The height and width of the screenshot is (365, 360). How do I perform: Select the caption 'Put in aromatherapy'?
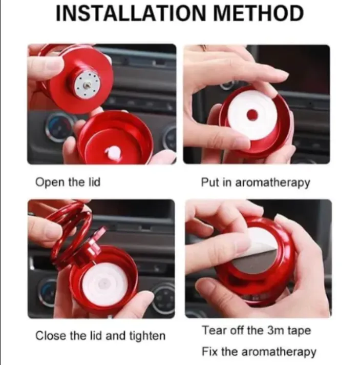(255, 182)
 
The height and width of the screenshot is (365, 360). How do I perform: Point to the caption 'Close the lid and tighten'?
(100, 336)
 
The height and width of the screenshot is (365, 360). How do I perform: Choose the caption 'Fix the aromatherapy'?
(259, 352)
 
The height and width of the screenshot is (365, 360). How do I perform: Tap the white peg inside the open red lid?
(115, 152)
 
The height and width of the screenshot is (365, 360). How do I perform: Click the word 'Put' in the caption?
(209, 182)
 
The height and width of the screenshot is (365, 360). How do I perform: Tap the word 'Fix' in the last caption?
(209, 352)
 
